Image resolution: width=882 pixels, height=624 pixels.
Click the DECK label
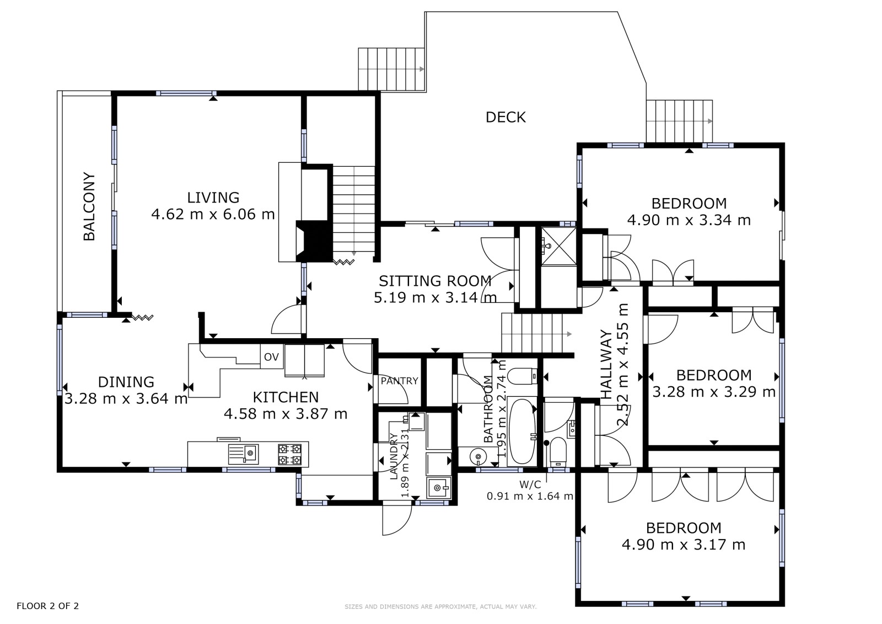(505, 118)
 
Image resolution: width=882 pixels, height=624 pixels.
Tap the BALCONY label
(89, 206)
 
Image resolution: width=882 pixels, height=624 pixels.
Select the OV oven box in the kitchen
(271, 357)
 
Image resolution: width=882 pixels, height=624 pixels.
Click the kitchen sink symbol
(243, 454)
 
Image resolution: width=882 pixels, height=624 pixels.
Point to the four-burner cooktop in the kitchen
(290, 454)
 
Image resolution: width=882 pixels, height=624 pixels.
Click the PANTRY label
(399, 381)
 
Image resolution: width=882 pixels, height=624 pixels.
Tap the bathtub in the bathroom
(521, 431)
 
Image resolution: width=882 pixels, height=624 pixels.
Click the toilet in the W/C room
(557, 451)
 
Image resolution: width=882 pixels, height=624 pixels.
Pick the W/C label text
(530, 484)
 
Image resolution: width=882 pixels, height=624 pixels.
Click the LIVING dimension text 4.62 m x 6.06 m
(213, 215)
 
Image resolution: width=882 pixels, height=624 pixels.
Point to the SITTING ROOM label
(435, 281)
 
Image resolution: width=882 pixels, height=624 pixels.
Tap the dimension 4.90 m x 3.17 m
(684, 545)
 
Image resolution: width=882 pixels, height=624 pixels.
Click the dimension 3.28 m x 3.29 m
(714, 392)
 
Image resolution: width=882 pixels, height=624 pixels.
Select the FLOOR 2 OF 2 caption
(47, 606)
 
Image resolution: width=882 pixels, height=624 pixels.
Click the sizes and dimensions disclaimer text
(440, 607)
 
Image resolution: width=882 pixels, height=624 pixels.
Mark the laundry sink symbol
(439, 488)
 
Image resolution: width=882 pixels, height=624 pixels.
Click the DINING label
(126, 382)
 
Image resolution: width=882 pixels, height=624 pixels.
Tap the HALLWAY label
(606, 365)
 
